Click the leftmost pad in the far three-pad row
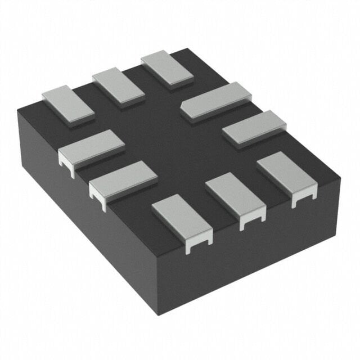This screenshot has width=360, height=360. pos(68,105)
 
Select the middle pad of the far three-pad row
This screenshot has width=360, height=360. pos(118,86)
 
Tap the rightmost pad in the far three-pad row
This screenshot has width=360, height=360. pos(166,68)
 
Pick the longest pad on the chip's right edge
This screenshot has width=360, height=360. pos(215,100)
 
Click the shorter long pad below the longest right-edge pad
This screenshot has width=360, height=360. pos(254,128)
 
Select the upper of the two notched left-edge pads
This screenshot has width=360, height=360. pos(91,147)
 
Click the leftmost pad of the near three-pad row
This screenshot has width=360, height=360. pos(181,216)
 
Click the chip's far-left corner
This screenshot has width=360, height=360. pos(17,111)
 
